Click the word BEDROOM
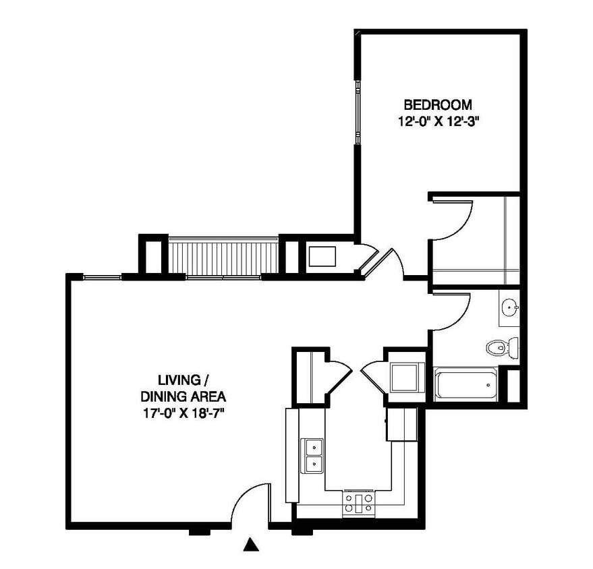(x=438, y=104)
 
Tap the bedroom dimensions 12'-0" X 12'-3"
(x=439, y=121)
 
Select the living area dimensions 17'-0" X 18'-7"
(x=183, y=413)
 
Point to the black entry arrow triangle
(x=251, y=545)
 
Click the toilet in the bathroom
(x=502, y=347)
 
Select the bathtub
(x=465, y=385)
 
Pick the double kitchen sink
(x=312, y=455)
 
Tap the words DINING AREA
(x=183, y=396)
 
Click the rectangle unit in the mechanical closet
(x=322, y=257)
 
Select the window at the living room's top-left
(x=102, y=277)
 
